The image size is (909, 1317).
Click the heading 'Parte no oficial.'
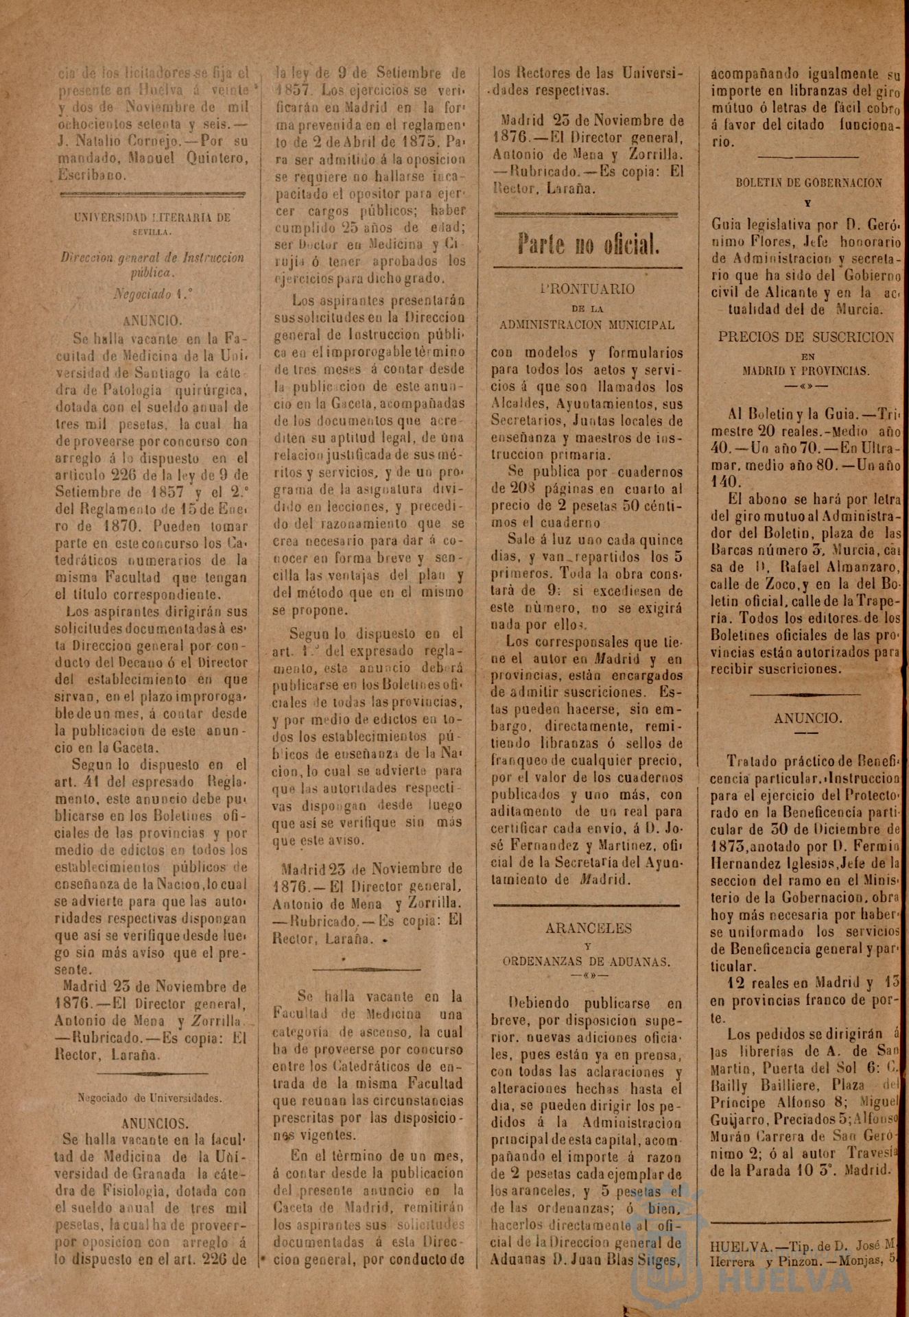pyautogui.click(x=589, y=244)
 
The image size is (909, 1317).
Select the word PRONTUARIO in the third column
pyautogui.click(x=587, y=289)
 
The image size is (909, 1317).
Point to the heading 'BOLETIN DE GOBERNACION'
pyautogui.click(x=808, y=183)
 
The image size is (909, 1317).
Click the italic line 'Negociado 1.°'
pyautogui.click(x=153, y=294)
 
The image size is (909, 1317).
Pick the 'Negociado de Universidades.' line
pyautogui.click(x=150, y=1097)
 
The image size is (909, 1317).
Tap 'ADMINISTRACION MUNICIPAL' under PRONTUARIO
pyautogui.click(x=587, y=324)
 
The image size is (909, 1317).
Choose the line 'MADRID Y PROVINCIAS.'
pyautogui.click(x=806, y=371)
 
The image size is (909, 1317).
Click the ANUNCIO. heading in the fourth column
pyautogui.click(x=807, y=718)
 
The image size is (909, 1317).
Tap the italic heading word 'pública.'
pyautogui.click(x=152, y=272)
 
